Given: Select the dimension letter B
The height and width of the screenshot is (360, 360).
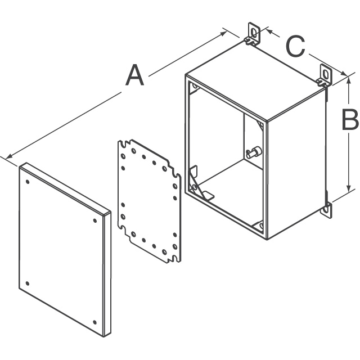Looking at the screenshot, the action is point(350,120).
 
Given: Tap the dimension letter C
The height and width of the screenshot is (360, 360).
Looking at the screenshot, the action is point(296,46).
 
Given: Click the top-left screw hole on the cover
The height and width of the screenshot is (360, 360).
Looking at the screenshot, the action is point(28,182).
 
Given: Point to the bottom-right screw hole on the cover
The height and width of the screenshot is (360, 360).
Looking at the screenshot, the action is point(94,322).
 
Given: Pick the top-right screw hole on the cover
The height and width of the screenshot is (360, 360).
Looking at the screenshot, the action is point(95,220).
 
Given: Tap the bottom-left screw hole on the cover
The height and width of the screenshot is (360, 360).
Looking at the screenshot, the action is point(28,283).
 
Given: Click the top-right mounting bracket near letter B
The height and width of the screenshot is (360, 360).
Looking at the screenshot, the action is point(325,75).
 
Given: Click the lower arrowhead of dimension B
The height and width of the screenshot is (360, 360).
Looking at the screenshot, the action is point(349,190).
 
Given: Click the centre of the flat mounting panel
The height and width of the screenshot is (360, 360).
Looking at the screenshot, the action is point(150,201).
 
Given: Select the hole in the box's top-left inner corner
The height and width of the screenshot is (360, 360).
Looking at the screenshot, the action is point(195,87).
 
